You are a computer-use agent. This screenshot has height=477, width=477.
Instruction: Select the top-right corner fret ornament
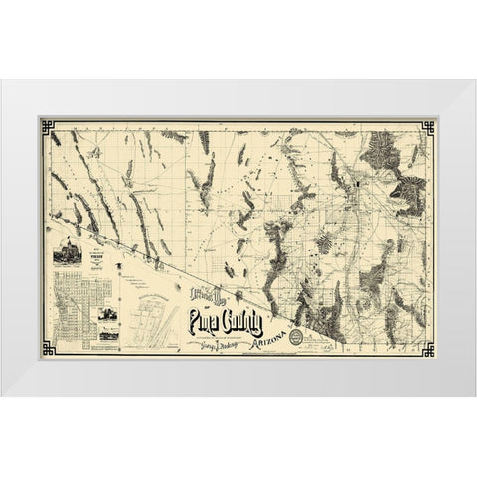point(428,126)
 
